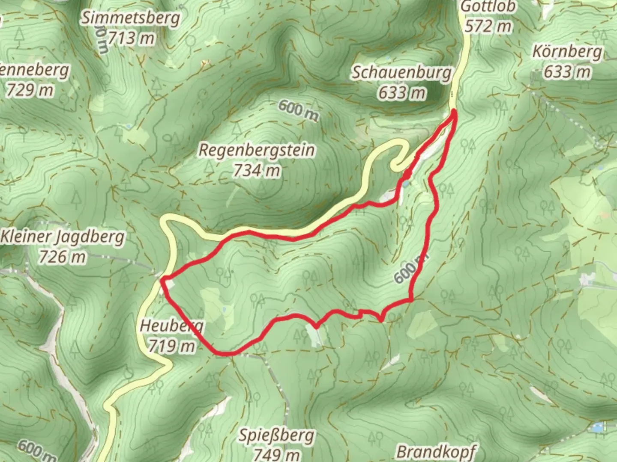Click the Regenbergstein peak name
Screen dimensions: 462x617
pyautogui.click(x=257, y=151)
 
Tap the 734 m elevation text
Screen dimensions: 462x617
pyautogui.click(x=257, y=171)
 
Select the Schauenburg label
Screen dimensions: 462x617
pyautogui.click(x=401, y=73)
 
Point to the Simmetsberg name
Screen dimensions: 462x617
pyautogui.click(x=131, y=18)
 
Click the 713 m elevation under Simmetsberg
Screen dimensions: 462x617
pyautogui.click(x=131, y=38)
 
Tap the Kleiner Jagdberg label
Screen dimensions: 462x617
pyautogui.click(x=63, y=237)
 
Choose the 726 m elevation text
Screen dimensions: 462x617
pyautogui.click(x=63, y=257)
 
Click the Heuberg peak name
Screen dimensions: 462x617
pyautogui.click(x=171, y=326)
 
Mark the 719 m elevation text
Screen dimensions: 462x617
pyautogui.click(x=171, y=346)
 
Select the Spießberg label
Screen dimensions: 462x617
pyautogui.click(x=276, y=435)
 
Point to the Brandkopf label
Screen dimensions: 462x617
pyautogui.click(x=436, y=452)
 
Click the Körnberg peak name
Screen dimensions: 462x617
pyautogui.click(x=567, y=52)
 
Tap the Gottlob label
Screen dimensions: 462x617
pyautogui.click(x=488, y=7)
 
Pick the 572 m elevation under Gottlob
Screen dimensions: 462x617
pyautogui.click(x=488, y=27)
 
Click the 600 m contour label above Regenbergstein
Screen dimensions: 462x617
pyautogui.click(x=299, y=110)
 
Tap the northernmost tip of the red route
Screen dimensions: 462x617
pyautogui.click(x=453, y=112)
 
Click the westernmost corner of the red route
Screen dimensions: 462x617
pyautogui.click(x=162, y=280)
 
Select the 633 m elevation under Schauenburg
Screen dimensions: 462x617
pyautogui.click(x=401, y=92)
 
